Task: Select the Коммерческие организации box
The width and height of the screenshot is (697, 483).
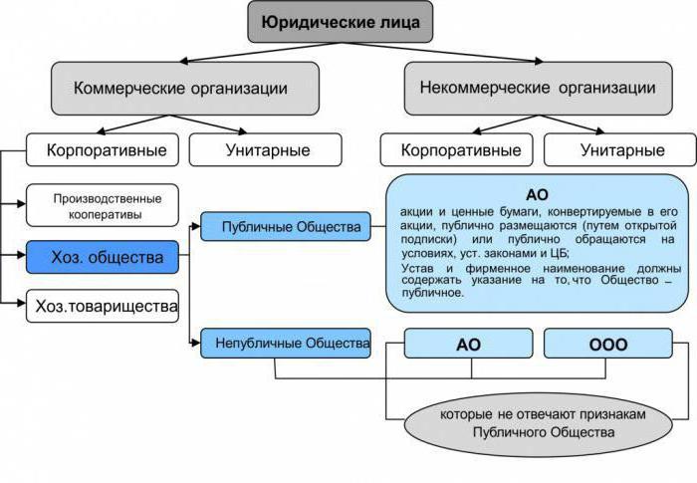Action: coord(185,88)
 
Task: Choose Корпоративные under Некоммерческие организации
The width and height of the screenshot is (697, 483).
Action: coord(460,150)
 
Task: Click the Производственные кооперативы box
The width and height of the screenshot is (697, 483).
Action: coord(103,206)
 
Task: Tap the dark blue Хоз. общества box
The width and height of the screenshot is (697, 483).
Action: coord(103,258)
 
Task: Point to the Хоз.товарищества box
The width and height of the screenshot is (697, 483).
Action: coord(103,305)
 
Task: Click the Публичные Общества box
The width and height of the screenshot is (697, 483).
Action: coord(285,227)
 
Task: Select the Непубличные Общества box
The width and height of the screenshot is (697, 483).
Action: coord(285,344)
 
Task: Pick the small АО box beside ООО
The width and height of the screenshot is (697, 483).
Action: coord(468,345)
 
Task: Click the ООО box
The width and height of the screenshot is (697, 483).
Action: coord(608,345)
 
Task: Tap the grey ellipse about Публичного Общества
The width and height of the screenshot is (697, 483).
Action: coord(537,423)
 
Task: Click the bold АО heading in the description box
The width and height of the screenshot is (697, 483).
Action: coord(537,194)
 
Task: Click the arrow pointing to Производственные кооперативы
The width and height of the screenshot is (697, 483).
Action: coord(17,203)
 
